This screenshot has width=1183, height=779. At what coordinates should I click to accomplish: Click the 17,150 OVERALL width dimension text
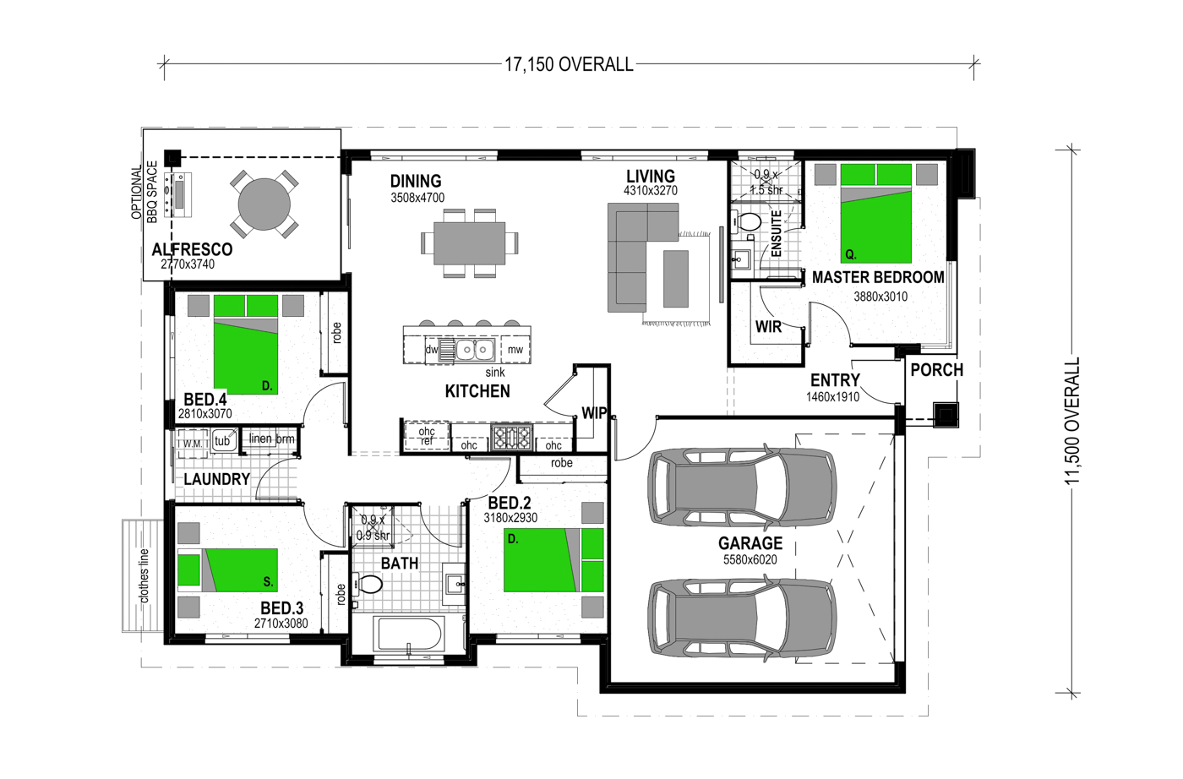pyautogui.click(x=569, y=64)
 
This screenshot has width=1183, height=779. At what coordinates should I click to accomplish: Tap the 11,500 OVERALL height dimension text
pyautogui.click(x=1072, y=421)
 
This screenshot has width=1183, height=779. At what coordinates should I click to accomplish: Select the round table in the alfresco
pyautogui.click(x=264, y=204)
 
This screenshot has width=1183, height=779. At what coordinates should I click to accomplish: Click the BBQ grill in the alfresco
pyautogui.click(x=178, y=194)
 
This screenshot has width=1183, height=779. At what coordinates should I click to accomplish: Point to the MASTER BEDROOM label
pyautogui.click(x=878, y=277)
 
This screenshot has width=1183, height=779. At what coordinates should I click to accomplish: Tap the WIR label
pyautogui.click(x=768, y=327)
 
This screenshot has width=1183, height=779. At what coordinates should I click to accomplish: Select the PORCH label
pyautogui.click(x=937, y=370)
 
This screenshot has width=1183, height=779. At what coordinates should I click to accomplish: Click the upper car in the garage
pyautogui.click(x=742, y=486)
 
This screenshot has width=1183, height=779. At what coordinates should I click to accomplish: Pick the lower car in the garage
pyautogui.click(x=742, y=618)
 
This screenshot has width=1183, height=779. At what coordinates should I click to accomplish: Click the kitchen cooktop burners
pyautogui.click(x=511, y=438)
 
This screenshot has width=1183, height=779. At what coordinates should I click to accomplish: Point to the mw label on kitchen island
pyautogui.click(x=515, y=350)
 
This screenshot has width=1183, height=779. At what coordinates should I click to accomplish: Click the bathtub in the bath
pyautogui.click(x=408, y=635)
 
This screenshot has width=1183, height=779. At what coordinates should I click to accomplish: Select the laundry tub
pyautogui.click(x=222, y=441)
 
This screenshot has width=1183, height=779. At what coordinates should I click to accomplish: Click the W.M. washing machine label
pyautogui.click(x=193, y=444)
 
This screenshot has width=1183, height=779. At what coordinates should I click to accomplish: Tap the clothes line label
pyautogui.click(x=144, y=575)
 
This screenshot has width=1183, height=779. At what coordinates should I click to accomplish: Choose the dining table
pyautogui.click(x=470, y=243)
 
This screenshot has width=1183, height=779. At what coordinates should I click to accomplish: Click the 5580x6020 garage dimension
pyautogui.click(x=750, y=560)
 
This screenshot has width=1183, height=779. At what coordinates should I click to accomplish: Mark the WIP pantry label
pyautogui.click(x=594, y=413)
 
